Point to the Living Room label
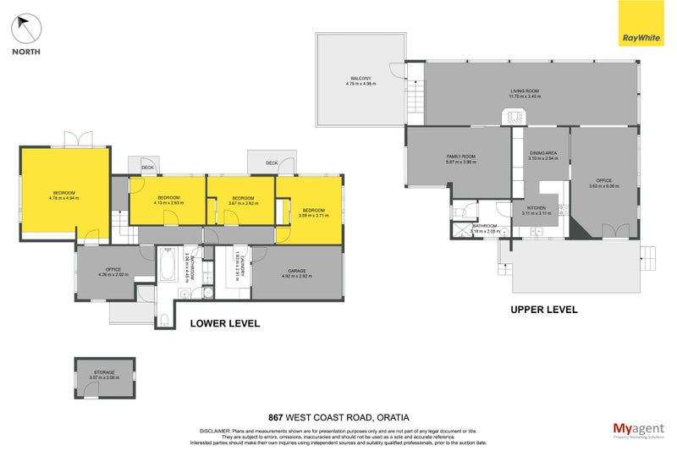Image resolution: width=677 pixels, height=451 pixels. click(524, 91)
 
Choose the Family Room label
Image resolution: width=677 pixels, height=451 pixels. click(461, 157)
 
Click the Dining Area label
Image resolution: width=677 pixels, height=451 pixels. click(542, 153)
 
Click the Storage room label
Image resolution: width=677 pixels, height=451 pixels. click(105, 372)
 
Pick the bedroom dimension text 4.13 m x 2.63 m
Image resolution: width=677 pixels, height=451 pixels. click(168, 203)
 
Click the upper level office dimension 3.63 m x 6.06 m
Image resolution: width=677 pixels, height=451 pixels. click(603, 185)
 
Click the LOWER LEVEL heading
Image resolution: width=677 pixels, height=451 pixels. click(224, 323)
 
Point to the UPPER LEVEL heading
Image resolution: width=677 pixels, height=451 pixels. click(543, 310)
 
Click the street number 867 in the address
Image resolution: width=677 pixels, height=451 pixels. click(275, 416)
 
